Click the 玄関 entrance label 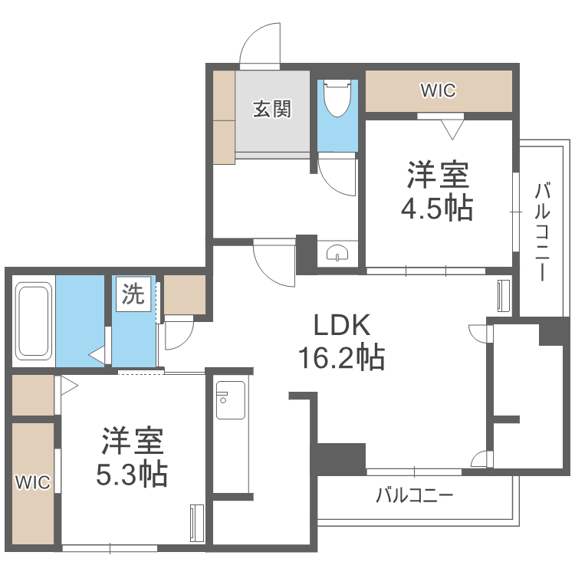(x=272, y=110)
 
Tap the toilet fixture (x=337, y=99)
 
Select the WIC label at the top (x=438, y=91)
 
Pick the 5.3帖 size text (x=132, y=475)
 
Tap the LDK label (x=341, y=326)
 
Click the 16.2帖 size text (x=341, y=357)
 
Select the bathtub (x=33, y=321)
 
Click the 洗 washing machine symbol (x=133, y=295)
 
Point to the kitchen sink (x=230, y=399)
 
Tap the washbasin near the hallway (x=337, y=255)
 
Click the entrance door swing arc (x=258, y=42)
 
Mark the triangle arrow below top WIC (x=452, y=129)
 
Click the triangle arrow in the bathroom (x=97, y=355)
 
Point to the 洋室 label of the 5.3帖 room (x=132, y=442)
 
